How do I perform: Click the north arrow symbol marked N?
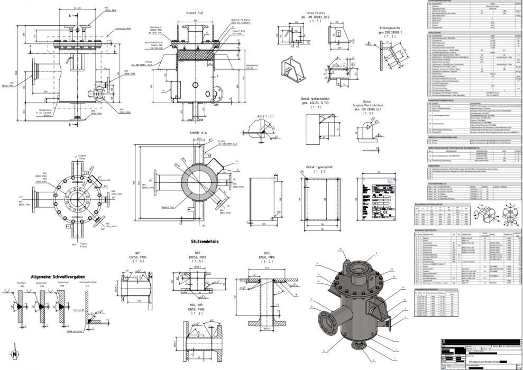(x=15, y=350)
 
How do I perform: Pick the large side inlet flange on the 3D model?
(x=324, y=320)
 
